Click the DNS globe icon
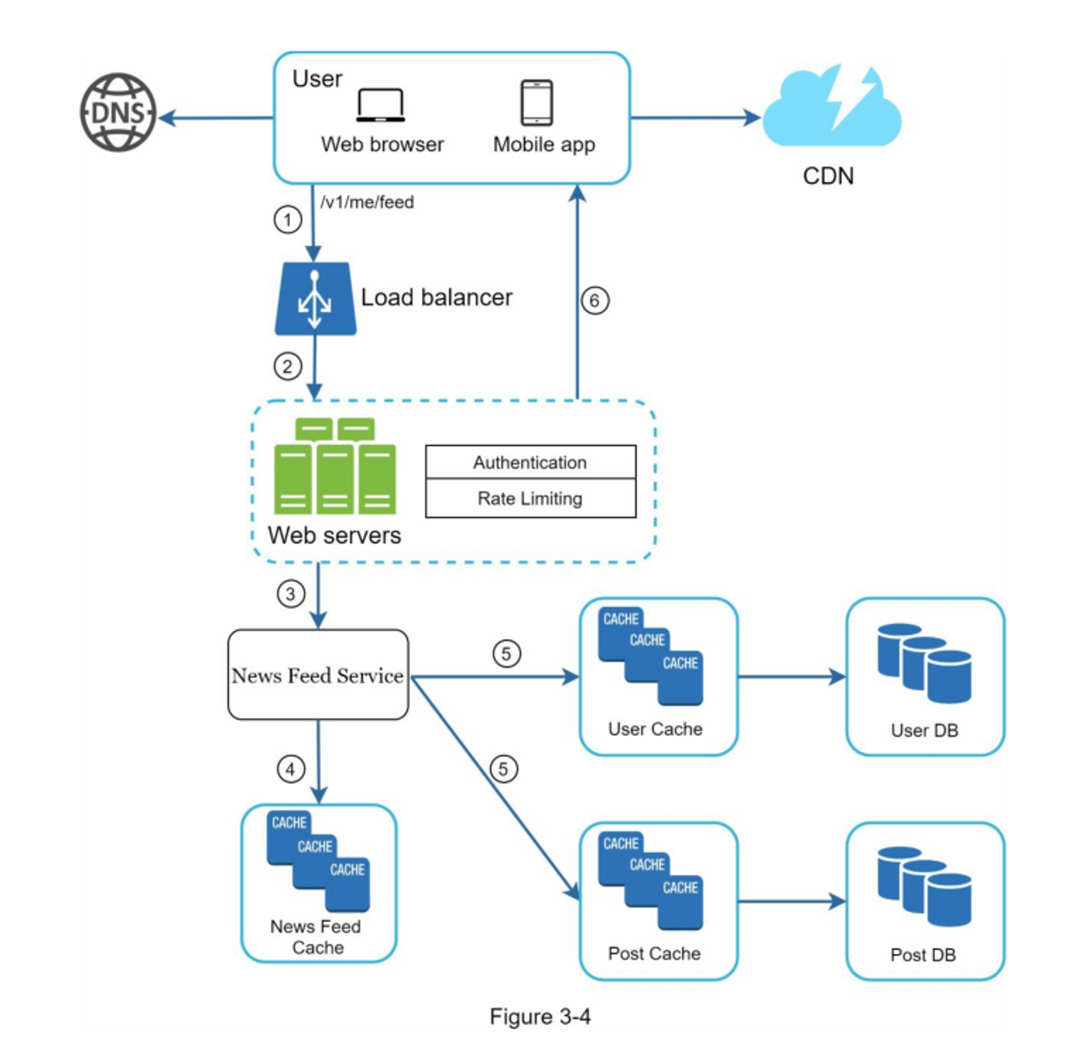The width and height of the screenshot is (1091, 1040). coord(117,112)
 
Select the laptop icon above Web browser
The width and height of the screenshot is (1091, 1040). coord(380,105)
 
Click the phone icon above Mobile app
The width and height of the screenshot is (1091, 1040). coord(536,103)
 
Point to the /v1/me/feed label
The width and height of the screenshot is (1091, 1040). coord(367,202)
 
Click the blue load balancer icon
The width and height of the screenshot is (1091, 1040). coord(315,299)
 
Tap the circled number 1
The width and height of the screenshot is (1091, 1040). coord(287,220)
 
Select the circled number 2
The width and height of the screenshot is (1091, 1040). coord(287,366)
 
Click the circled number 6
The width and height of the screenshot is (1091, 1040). coord(595,301)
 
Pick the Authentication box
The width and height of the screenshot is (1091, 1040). coord(531,462)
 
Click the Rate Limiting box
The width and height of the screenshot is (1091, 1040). coord(531,498)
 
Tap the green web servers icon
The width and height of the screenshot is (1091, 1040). coord(335,467)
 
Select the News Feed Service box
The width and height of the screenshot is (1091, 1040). coord(318,675)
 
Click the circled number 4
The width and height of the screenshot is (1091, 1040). coord(291,770)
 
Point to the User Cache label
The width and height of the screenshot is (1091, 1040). coord(655,729)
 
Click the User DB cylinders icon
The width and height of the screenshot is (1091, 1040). coord(924,664)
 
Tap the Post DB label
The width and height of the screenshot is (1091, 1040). coord(923,954)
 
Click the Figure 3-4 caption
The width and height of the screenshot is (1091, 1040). coord(540,1017)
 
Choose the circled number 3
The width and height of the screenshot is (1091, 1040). coord(291,594)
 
